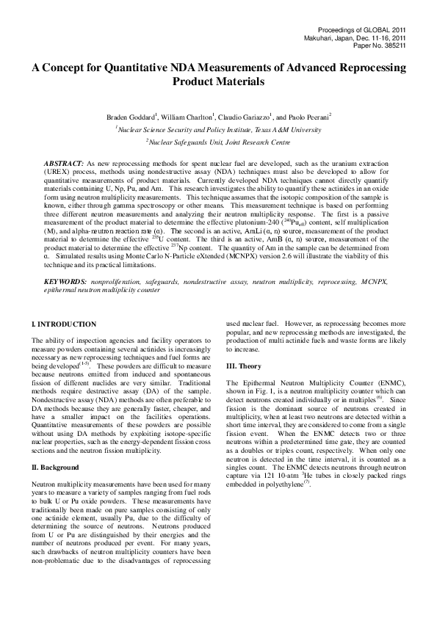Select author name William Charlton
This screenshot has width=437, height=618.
pyautogui.click(x=185, y=117)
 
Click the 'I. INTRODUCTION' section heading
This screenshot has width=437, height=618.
pyautogui.click(x=64, y=324)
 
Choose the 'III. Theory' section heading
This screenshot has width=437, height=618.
pyautogui.click(x=243, y=366)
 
